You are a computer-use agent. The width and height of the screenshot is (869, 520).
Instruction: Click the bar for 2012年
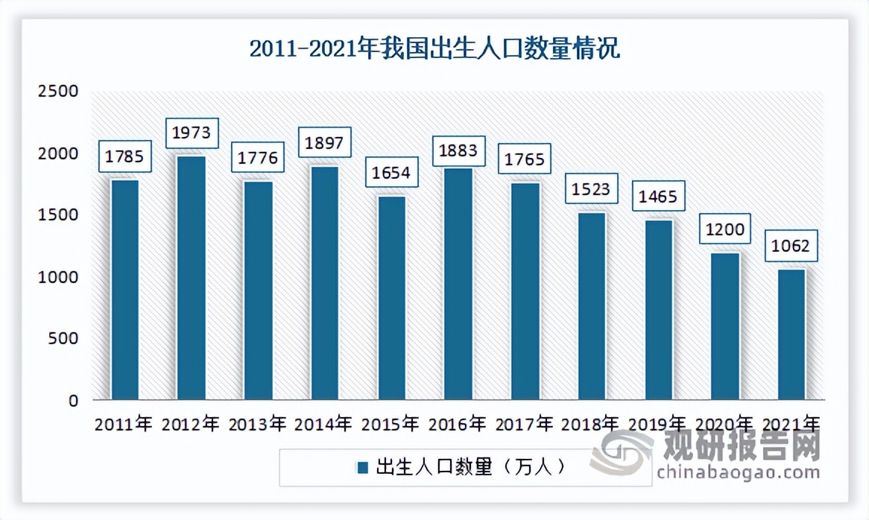click(x=192, y=277)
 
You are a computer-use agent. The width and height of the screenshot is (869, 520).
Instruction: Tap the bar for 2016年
click(x=458, y=284)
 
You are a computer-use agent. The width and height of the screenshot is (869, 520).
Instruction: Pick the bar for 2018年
click(x=592, y=306)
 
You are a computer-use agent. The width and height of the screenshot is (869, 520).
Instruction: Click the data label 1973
click(x=192, y=133)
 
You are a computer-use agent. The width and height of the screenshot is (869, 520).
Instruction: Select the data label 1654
click(x=391, y=174)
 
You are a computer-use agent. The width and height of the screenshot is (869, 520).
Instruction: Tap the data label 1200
click(x=724, y=229)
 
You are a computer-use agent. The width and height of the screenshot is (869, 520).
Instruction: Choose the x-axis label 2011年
click(x=124, y=425)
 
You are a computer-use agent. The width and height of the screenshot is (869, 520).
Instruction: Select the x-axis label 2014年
click(x=324, y=425)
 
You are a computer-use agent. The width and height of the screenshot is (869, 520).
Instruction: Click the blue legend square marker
click(x=363, y=468)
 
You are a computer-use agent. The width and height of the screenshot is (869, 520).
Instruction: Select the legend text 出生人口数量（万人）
click(x=471, y=467)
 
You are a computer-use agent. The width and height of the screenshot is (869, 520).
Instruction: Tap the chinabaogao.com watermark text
click(x=736, y=472)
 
